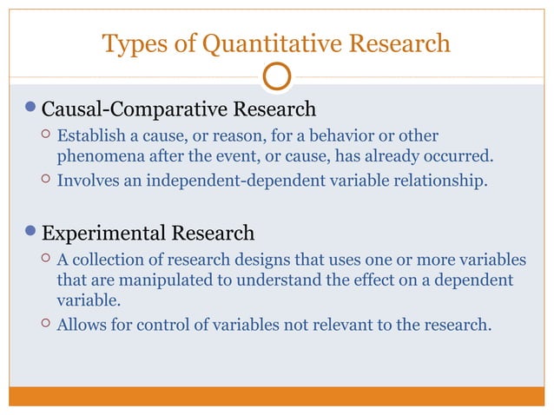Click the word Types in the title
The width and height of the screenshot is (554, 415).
(129, 43)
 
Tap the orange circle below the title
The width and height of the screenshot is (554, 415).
(276, 77)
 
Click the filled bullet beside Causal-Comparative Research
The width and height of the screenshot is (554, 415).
(31, 110)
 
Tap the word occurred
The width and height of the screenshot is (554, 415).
(461, 156)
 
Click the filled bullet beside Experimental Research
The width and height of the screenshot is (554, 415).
(31, 234)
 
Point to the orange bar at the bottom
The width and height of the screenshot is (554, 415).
(276, 396)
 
